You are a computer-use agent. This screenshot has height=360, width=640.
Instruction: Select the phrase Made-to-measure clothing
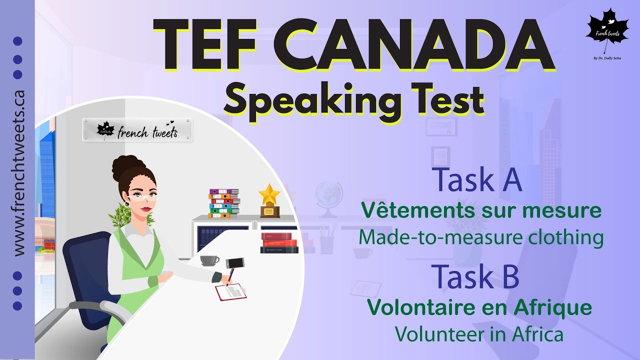click(x=480, y=237)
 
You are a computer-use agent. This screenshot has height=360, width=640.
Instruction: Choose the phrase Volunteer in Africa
click(x=479, y=334)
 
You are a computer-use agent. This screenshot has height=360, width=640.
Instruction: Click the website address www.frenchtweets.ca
click(x=19, y=173)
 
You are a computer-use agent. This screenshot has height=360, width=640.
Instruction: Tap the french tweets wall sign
click(x=137, y=130)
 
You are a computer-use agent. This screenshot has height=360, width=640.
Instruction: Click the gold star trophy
click(x=269, y=201)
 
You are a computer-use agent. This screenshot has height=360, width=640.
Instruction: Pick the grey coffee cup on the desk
click(x=208, y=260)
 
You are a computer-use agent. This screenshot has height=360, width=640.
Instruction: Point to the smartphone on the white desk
click(x=235, y=263)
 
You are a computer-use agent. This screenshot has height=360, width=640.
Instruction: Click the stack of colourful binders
click(x=223, y=203)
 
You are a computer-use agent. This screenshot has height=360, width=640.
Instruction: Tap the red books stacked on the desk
click(x=279, y=242)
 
